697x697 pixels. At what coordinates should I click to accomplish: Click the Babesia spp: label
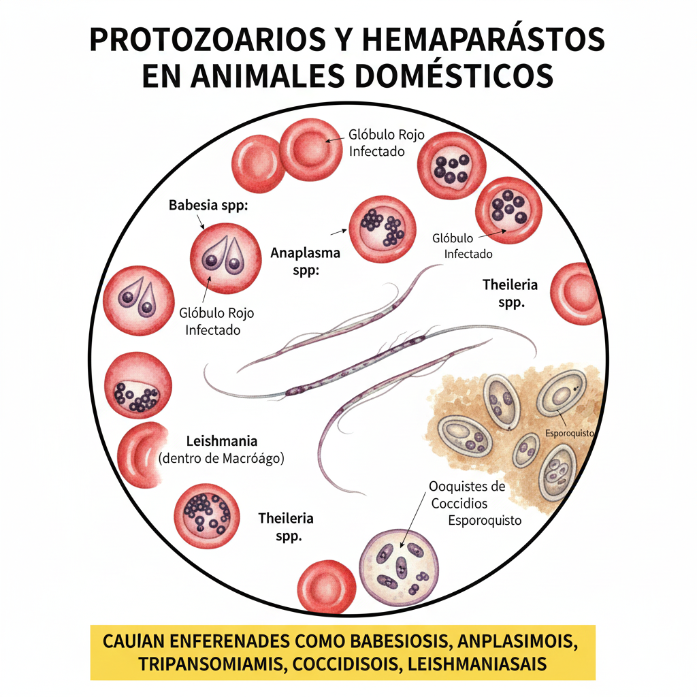(x=208, y=205)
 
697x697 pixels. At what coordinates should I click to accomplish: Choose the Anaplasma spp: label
(x=305, y=261)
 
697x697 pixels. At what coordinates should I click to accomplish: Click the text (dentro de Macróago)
(x=221, y=459)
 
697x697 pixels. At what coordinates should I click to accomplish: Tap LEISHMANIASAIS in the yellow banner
(x=481, y=664)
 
